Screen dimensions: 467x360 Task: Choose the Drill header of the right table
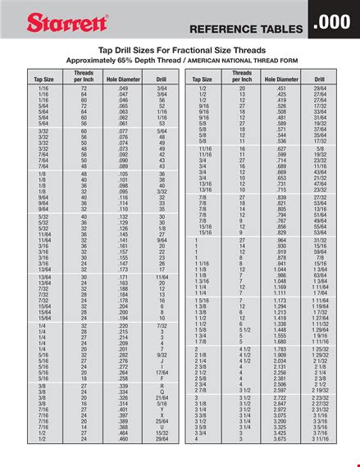point(320,79)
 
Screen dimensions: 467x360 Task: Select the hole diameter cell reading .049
point(123,86)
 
